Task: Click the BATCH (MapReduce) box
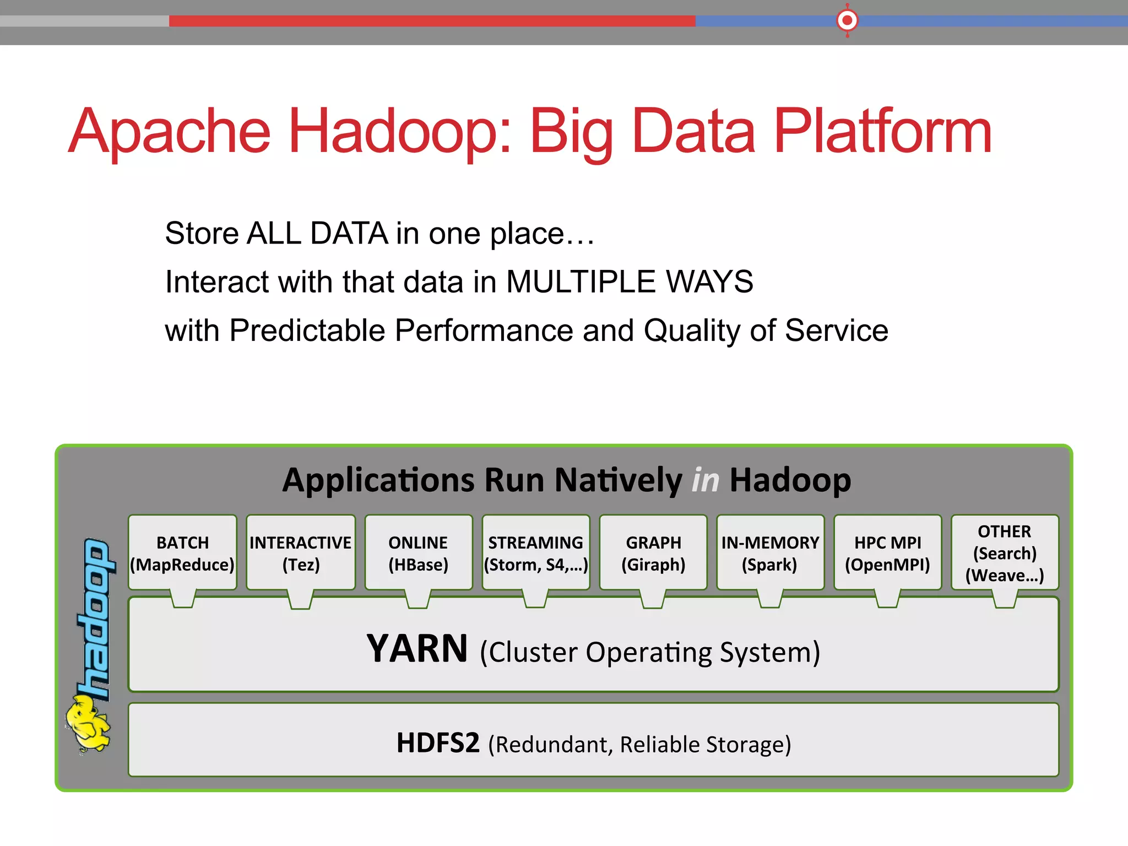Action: [182, 553]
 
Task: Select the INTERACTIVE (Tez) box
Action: [300, 553]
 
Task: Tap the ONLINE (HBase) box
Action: [418, 553]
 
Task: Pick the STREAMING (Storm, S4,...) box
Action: [535, 553]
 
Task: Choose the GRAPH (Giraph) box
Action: [653, 553]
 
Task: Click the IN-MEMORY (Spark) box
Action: [770, 553]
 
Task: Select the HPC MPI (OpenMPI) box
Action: [887, 553]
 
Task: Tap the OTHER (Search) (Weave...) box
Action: [1005, 553]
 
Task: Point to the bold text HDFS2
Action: [438, 743]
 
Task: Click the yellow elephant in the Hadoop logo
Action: [87, 723]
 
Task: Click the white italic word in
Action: [706, 480]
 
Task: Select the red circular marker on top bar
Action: [847, 21]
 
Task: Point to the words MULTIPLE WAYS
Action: [629, 281]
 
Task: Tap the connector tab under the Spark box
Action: [770, 599]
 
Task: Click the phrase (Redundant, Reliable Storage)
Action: [639, 744]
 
